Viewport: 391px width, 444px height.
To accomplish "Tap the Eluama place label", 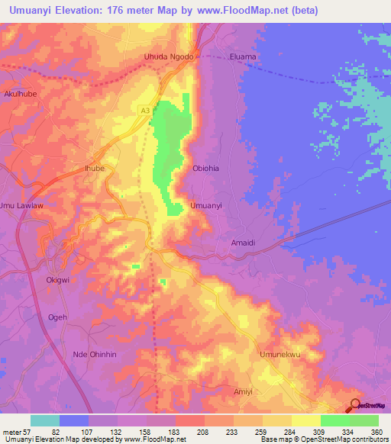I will click(244, 57).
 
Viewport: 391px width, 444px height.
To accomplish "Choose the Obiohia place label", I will click(205, 169).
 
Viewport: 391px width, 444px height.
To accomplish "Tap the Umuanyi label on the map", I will click(205, 206).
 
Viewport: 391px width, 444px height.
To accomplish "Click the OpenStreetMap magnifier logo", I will click(356, 405).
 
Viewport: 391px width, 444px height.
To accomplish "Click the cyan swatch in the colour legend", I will click(45, 420).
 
